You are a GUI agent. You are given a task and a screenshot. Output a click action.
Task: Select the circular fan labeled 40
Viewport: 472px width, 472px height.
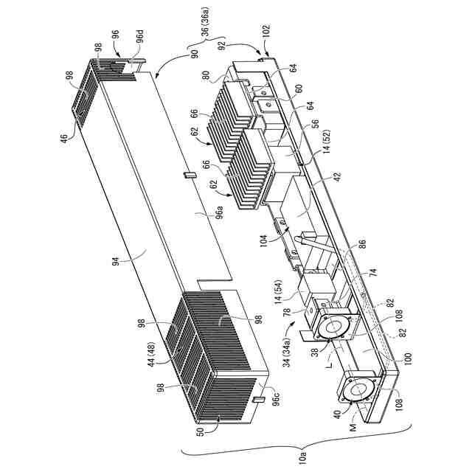pos(360,392)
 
